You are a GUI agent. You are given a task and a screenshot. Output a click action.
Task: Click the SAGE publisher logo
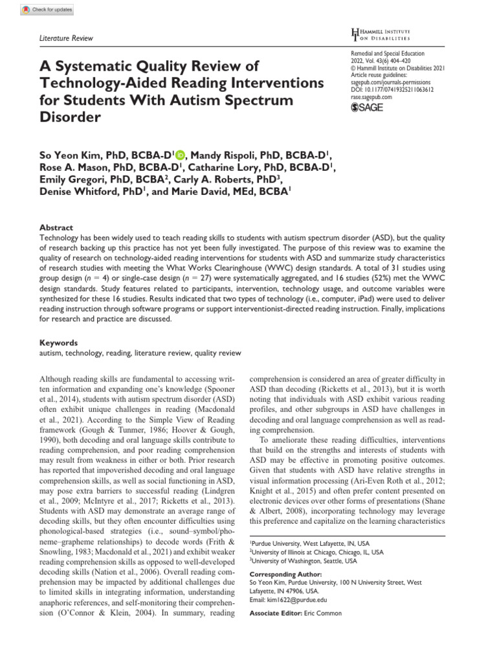366,107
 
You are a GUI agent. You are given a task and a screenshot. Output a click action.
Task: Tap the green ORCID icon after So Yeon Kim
179,154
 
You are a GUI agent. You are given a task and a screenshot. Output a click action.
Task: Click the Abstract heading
56,228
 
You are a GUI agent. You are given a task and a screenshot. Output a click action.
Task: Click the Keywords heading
59,343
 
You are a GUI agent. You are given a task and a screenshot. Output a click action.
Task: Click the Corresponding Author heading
287,574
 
